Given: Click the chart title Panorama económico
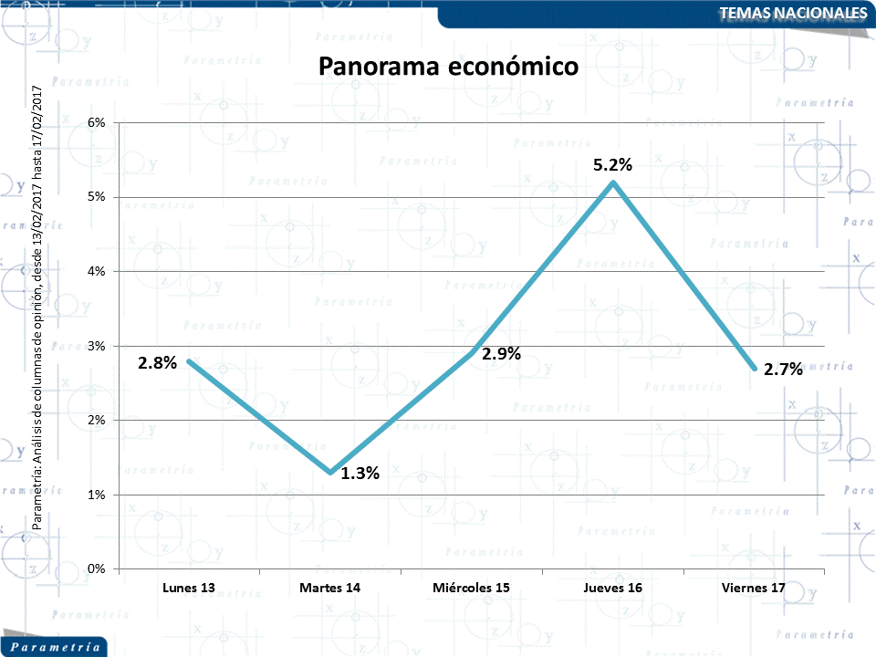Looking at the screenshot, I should (448, 67).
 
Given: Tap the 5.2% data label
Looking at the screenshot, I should (612, 165).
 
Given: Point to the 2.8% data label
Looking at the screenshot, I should (157, 362).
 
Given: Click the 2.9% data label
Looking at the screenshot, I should (501, 354).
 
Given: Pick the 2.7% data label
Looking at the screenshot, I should (783, 369).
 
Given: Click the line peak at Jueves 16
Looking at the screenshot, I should (613, 182).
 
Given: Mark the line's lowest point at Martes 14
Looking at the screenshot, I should (330, 472).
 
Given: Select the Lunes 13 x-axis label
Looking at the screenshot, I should (189, 588).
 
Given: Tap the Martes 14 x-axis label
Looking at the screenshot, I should (329, 588).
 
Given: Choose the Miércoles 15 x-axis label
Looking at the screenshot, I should (471, 588).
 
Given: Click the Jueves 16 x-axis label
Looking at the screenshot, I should (612, 588).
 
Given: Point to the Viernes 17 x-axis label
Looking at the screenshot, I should (754, 588).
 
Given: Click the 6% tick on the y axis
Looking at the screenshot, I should (96, 122).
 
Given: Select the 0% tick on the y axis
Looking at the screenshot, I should (96, 568).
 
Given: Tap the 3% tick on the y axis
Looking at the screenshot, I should (96, 346).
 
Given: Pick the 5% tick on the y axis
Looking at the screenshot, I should (96, 197).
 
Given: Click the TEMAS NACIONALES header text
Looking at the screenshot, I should (792, 13).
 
